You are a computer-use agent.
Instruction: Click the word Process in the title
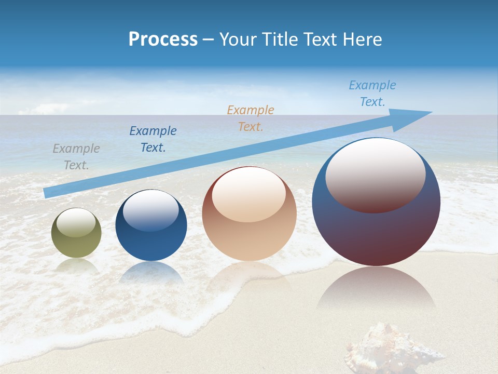tap(163, 39)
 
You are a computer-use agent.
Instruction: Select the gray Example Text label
tap(76, 157)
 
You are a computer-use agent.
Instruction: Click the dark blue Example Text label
tap(153, 139)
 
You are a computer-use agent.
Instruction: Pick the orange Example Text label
tap(251, 118)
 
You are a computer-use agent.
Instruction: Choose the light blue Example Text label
tap(372, 94)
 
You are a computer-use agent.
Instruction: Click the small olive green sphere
tap(76, 239)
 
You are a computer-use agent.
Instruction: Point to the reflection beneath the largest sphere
tap(376, 291)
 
